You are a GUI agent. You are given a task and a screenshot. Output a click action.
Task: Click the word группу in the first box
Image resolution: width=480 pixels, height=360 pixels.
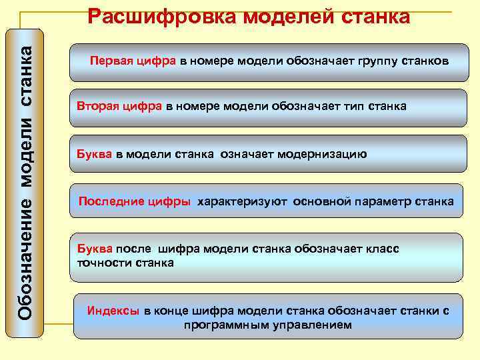pos(367,61)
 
